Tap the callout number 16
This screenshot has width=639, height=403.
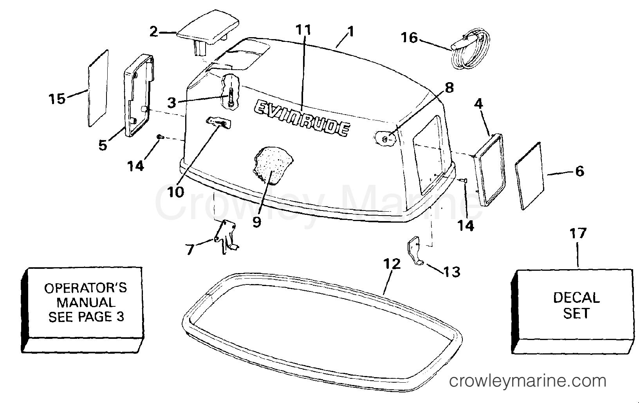(x=409, y=38)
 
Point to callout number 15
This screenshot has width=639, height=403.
(x=57, y=99)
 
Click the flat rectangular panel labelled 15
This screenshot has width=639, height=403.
(x=98, y=88)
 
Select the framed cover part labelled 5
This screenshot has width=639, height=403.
(x=139, y=95)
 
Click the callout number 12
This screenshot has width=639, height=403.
(x=392, y=264)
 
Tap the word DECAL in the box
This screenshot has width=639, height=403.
(x=576, y=298)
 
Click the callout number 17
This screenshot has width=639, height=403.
(x=578, y=234)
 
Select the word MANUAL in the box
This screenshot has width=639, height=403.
(x=86, y=302)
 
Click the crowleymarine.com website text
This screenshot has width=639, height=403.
(x=527, y=381)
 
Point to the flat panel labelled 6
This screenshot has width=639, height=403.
(x=529, y=176)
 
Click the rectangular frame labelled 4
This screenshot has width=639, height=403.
(x=489, y=170)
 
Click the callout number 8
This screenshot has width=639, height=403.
(x=449, y=88)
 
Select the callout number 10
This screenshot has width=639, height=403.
(x=176, y=193)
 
